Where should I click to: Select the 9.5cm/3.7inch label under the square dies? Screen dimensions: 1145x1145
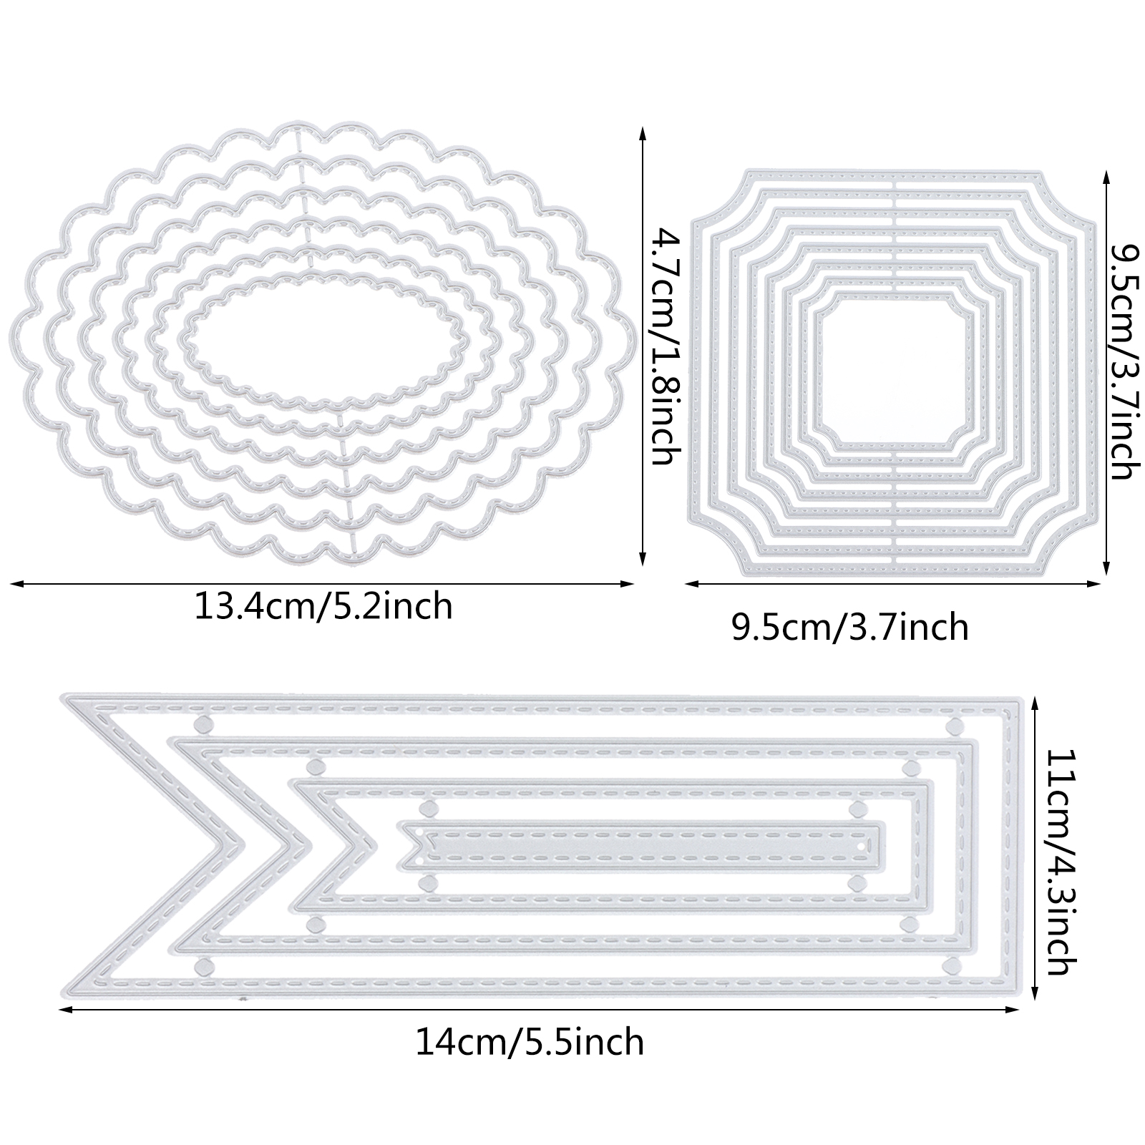849,628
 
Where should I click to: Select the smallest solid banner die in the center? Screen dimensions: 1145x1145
643,847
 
